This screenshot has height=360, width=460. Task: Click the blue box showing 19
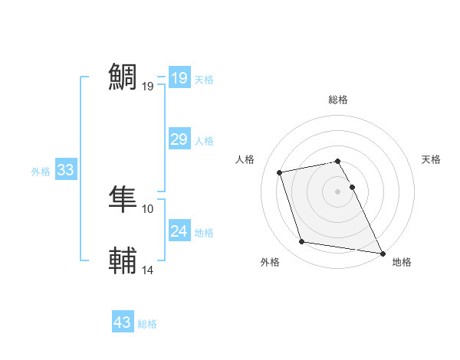click(x=179, y=78)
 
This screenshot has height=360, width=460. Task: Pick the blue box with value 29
click(x=179, y=139)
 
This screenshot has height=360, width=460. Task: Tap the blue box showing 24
click(x=179, y=231)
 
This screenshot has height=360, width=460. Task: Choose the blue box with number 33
click(x=65, y=170)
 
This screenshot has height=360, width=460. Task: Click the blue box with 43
click(x=123, y=322)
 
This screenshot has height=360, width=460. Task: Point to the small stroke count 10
click(x=148, y=208)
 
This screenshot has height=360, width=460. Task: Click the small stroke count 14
click(x=148, y=270)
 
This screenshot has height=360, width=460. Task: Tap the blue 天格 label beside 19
click(x=204, y=80)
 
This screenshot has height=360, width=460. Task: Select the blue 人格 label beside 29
click(x=204, y=141)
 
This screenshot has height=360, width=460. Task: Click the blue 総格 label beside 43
click(x=147, y=324)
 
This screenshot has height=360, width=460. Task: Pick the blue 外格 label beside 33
click(x=41, y=172)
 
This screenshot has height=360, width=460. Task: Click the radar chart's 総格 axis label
click(x=338, y=100)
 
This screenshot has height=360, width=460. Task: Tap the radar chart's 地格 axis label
click(x=402, y=262)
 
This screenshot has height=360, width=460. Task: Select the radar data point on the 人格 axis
click(x=280, y=172)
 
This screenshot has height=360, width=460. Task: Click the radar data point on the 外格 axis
click(x=302, y=242)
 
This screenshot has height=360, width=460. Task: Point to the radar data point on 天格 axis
click(x=352, y=187)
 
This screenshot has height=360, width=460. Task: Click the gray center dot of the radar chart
click(x=338, y=191)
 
